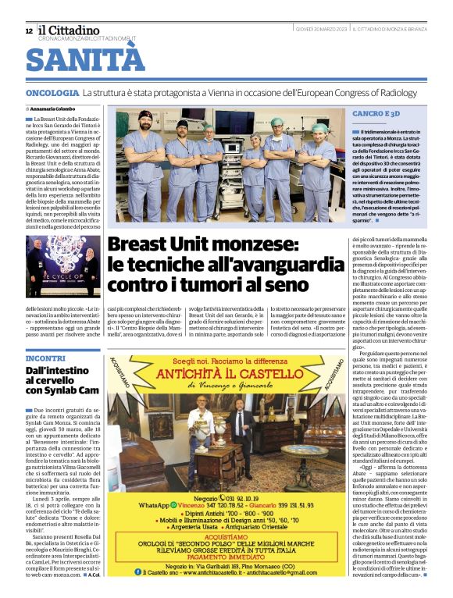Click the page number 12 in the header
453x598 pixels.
point(29,30)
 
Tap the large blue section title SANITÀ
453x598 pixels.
point(85,60)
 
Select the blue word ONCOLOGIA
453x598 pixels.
point(52,93)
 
